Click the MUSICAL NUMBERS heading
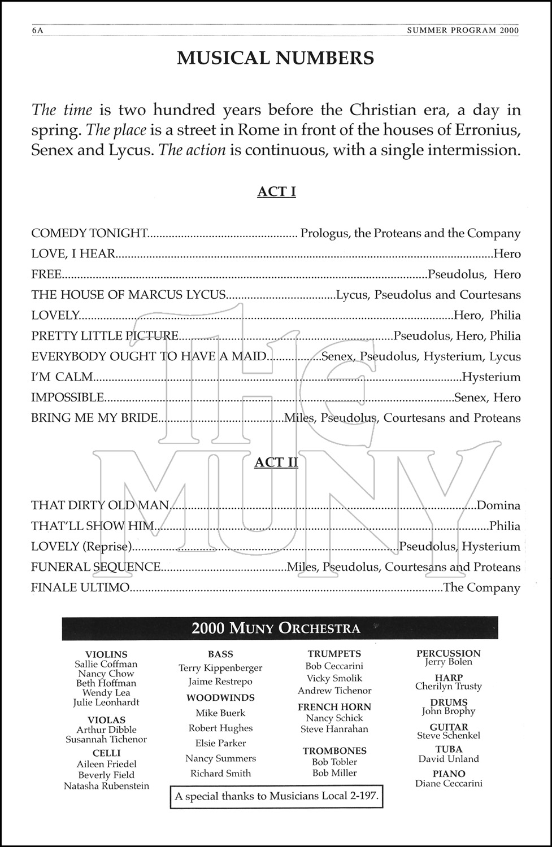pos(276,58)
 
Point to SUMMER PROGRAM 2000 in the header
pos(463,31)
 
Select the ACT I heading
pos(276,191)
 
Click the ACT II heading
pos(276,462)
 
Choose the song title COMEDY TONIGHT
pos(89,233)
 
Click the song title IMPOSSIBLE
pos(68,398)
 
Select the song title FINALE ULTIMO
pos(80,588)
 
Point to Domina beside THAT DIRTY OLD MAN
pos(498,505)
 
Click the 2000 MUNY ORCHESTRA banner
pos(276,628)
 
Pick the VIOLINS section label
pos(106,654)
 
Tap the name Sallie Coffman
pos(106,664)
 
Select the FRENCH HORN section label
pos(334,707)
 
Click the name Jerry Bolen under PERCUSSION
pos(449,662)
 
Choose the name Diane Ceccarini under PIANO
pos(449,783)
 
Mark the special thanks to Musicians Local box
pos(276,797)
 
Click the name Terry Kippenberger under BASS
pos(220,668)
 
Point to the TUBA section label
pos(449,749)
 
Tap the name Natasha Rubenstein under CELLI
pos(106,786)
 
